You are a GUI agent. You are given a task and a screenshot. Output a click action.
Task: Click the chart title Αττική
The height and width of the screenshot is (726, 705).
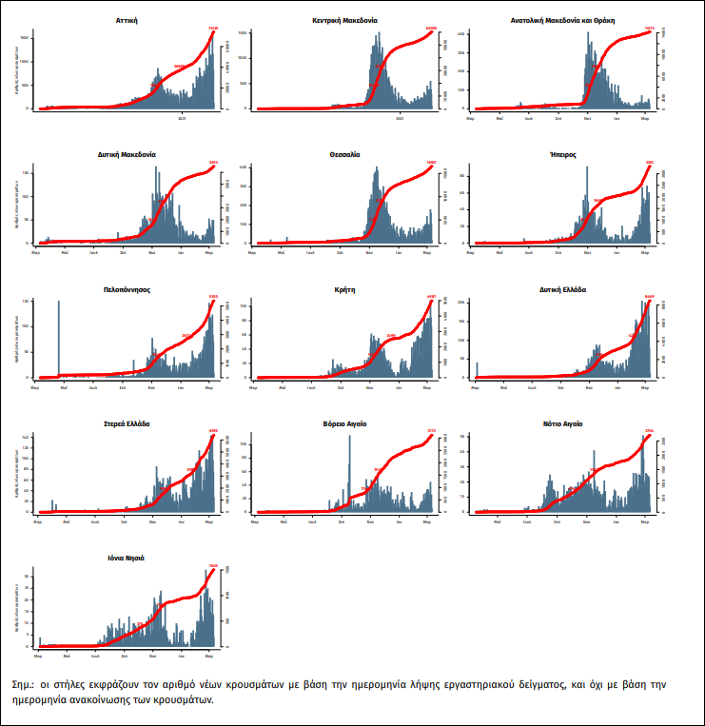pyautogui.click(x=127, y=19)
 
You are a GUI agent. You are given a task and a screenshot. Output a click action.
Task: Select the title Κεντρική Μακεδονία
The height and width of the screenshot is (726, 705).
pyautogui.click(x=341, y=19)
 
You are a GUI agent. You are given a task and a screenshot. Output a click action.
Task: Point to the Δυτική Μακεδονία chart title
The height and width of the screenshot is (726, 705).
pyautogui.click(x=127, y=153)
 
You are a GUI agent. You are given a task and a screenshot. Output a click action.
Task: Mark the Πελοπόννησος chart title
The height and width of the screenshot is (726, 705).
pyautogui.click(x=127, y=288)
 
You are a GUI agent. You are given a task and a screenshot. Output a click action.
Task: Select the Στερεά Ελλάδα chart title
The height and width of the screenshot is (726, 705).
pyautogui.click(x=127, y=423)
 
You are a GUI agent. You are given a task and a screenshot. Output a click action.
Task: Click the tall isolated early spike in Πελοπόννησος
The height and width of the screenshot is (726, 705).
pyautogui.click(x=59, y=338)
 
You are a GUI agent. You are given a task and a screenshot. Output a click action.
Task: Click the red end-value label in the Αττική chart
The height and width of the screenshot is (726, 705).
pyautogui.click(x=213, y=29)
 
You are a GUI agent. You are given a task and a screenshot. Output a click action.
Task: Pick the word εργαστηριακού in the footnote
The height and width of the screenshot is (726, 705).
pyautogui.click(x=509, y=684)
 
